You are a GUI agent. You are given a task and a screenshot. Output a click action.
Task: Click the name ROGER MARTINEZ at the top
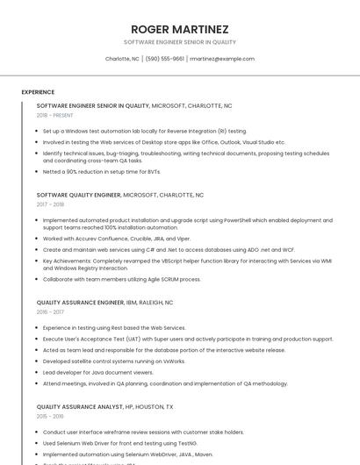[x=179, y=29]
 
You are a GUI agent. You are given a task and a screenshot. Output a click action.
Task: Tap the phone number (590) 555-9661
[x=165, y=59]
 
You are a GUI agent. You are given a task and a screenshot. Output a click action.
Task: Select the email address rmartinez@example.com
[x=222, y=59]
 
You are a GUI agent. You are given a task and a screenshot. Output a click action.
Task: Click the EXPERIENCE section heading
[x=38, y=92]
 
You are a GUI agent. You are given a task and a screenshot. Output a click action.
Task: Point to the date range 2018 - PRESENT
[x=55, y=115]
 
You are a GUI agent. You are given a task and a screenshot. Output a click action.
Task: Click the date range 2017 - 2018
[x=50, y=204]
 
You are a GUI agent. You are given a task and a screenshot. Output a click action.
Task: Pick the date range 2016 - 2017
[x=50, y=311]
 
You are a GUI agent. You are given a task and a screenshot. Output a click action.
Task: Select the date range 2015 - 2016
[x=50, y=416]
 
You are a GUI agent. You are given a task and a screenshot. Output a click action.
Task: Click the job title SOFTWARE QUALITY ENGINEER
[x=78, y=195]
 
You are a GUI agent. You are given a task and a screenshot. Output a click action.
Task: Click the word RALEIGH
[x=158, y=302]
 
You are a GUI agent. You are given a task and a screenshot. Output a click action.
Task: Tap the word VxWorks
[x=175, y=361]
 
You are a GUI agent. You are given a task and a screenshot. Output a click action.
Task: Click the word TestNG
[x=176, y=443]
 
